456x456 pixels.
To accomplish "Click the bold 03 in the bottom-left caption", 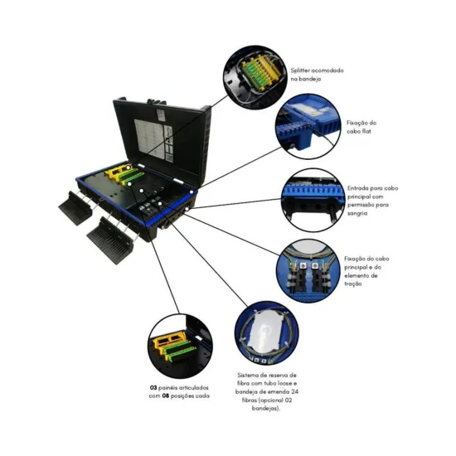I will coord(154,387).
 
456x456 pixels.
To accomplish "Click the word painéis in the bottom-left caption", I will coord(172,387).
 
